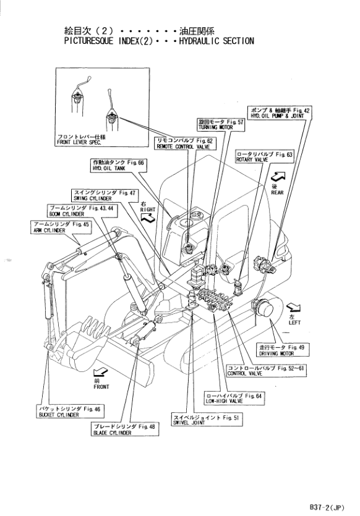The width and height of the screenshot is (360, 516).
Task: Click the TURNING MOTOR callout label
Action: [x=221, y=125]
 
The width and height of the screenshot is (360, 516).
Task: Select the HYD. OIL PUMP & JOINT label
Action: [x=280, y=113]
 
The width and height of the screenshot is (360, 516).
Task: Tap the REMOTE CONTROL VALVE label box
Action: [x=185, y=143]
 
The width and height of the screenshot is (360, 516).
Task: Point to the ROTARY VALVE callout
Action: [x=264, y=156]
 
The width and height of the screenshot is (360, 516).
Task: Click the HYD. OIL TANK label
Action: [x=118, y=165]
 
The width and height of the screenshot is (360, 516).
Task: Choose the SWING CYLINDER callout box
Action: [x=105, y=195]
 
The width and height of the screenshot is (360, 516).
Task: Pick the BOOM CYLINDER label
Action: [x=82, y=211]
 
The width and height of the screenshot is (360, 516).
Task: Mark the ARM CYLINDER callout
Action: [x=61, y=227]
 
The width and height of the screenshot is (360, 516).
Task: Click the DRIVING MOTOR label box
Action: [x=283, y=350]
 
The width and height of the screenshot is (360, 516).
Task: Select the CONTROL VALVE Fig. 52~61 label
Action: [x=266, y=371]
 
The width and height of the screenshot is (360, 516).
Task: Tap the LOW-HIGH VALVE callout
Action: [x=234, y=398]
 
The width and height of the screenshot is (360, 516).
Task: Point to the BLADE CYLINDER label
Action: [x=124, y=429]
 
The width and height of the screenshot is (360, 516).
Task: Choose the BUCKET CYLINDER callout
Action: [x=70, y=412]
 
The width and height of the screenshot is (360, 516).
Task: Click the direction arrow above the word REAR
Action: [x=278, y=176]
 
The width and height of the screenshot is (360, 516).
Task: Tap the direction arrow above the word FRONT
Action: [x=100, y=373]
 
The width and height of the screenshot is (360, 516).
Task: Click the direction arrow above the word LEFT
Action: [x=293, y=308]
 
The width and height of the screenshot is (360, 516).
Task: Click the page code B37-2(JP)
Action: [x=327, y=507]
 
